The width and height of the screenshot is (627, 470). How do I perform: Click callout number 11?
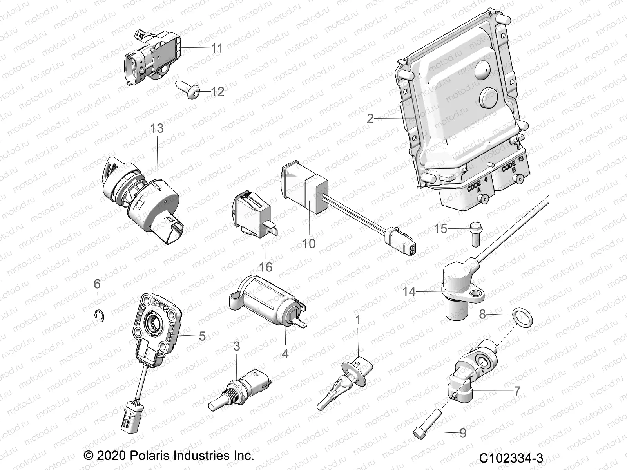pyautogui.click(x=217, y=49)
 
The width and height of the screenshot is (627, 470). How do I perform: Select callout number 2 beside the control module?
pyautogui.click(x=370, y=118)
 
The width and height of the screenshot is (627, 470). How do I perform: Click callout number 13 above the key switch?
pyautogui.click(x=157, y=128)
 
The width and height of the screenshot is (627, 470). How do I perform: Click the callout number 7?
pyautogui.click(x=517, y=390)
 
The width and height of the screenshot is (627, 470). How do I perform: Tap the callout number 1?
pyautogui.click(x=357, y=320)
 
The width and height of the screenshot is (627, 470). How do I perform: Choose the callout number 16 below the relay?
pyautogui.click(x=266, y=267)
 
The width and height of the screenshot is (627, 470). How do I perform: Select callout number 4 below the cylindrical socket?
pyautogui.click(x=285, y=353)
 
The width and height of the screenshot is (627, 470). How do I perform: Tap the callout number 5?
pyautogui.click(x=202, y=336)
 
